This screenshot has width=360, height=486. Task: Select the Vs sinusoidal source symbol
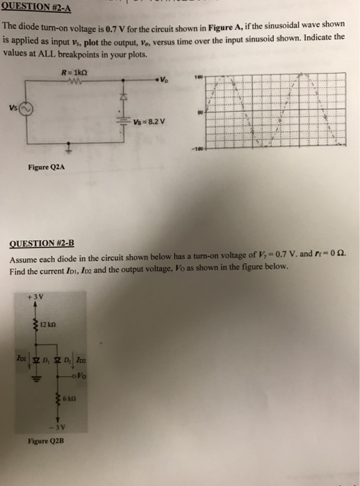click(26, 110)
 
